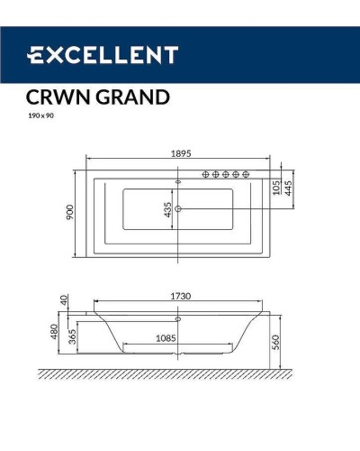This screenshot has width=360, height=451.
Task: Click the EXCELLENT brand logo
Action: [101, 55]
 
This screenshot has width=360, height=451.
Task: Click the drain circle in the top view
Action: [178, 210]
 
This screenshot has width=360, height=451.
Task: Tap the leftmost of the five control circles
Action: [207, 173]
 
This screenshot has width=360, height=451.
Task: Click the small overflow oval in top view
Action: [178, 181]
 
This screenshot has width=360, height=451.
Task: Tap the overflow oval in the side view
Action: [178, 318]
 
